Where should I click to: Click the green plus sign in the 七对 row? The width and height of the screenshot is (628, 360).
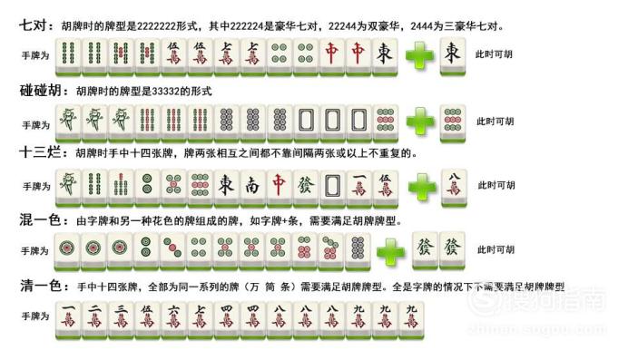click(x=418, y=55)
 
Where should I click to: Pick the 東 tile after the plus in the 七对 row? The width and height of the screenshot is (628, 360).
click(x=454, y=55)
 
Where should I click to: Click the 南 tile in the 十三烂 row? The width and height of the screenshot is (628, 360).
click(x=253, y=185)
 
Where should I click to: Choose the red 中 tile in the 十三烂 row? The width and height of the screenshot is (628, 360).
click(x=280, y=185)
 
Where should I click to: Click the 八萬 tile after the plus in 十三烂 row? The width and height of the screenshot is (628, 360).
click(x=454, y=185)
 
